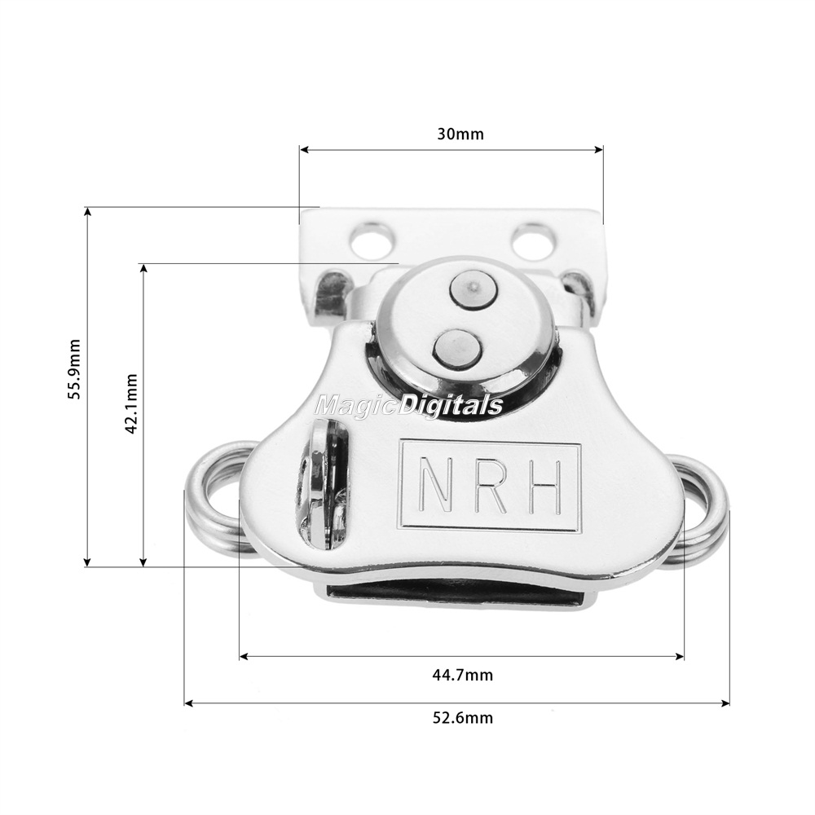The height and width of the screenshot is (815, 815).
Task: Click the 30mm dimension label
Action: [x=460, y=134]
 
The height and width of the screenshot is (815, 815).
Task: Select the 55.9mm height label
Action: [x=75, y=368]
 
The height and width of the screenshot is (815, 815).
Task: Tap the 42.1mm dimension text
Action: [x=131, y=403]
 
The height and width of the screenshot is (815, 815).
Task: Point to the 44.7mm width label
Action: [x=462, y=675]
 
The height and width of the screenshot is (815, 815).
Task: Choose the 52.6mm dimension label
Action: [x=463, y=718]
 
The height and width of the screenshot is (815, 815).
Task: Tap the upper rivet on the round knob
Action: [x=472, y=289]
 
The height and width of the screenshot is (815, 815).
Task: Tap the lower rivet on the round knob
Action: [x=457, y=347]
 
